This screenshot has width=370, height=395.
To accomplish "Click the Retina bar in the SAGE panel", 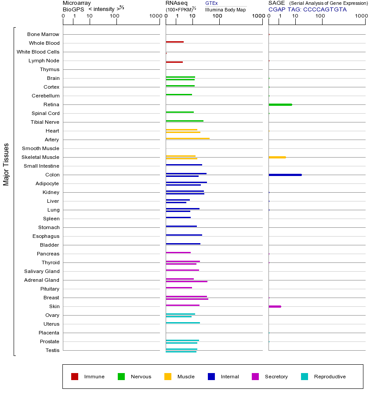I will [280, 104].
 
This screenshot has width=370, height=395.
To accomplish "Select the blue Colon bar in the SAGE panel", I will [285, 175].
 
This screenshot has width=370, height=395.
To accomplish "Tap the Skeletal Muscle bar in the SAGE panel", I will [277, 157].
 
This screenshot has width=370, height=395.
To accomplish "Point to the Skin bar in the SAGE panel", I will [275, 306].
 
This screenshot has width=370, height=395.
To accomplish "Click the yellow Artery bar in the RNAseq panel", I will [188, 139].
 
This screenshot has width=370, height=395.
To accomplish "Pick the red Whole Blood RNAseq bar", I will [174, 42].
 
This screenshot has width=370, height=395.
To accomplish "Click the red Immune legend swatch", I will [75, 377].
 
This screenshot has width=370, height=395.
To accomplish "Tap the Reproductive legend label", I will [330, 377].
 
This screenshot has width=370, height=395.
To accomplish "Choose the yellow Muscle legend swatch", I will [168, 377].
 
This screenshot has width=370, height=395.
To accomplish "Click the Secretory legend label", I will [276, 377].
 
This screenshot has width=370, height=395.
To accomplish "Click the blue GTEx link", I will [211, 4].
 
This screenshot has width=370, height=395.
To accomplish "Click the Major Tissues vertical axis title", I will [6, 164].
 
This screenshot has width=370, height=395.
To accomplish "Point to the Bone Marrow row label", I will [43, 34].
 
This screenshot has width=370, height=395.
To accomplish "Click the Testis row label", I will [52, 350].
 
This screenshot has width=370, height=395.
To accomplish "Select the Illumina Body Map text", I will [225, 10].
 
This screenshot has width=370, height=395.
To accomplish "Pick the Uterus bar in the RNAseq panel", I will [183, 323].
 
